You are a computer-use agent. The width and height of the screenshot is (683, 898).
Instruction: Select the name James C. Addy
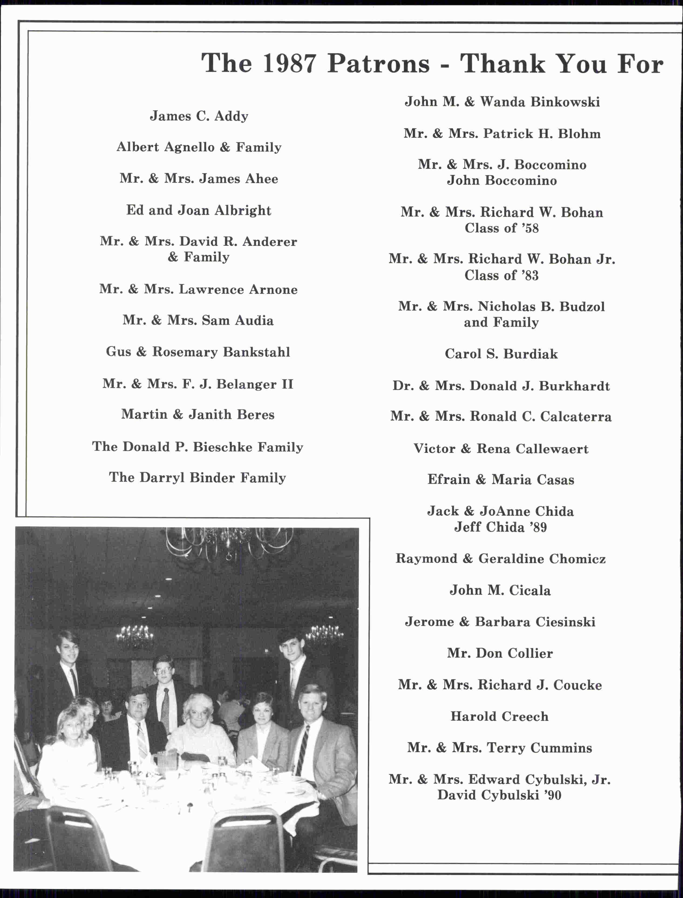tap(199, 116)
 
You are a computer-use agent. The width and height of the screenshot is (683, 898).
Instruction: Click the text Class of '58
tap(501, 228)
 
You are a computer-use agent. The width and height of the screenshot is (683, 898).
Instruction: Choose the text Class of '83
tap(501, 275)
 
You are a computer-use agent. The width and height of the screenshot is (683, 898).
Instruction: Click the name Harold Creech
tap(499, 716)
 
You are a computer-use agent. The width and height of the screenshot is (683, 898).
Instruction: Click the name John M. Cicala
tap(500, 590)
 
